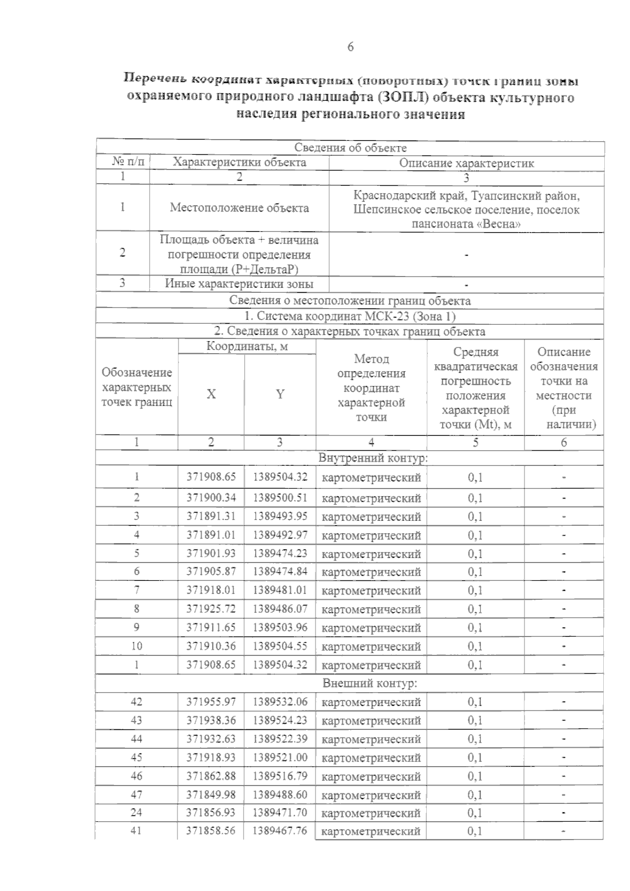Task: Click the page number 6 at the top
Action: coord(350,47)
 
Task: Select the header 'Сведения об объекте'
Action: coord(350,148)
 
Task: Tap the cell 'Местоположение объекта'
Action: coord(239,208)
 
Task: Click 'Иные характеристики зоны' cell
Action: coord(239,284)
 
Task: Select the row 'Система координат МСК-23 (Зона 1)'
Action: coord(350,316)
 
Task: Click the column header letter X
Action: coord(211,394)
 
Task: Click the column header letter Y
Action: coord(280,394)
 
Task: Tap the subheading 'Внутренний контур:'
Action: coord(373,458)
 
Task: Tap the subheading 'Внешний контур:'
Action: coord(370,683)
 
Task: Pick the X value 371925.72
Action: coord(211,609)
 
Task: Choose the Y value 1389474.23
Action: coord(280,553)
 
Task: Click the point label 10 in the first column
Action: coord(136,646)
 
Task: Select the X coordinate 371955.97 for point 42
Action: coord(211,702)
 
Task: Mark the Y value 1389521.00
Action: coord(280,757)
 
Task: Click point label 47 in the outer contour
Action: coord(136,794)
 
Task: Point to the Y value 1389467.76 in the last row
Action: coord(280,831)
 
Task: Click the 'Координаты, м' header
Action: coord(247,347)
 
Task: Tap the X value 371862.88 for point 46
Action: coord(211,776)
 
